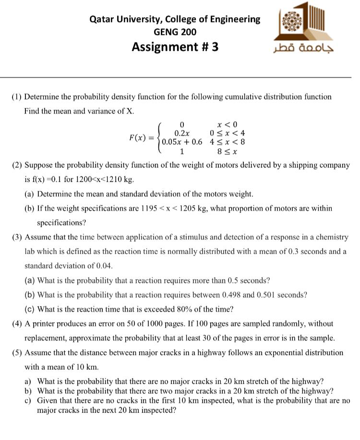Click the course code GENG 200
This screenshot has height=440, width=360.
(x=175, y=32)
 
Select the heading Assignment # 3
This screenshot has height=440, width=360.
(x=175, y=47)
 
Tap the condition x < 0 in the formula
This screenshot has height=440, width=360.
(x=227, y=124)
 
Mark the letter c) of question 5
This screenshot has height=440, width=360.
(x=28, y=400)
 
